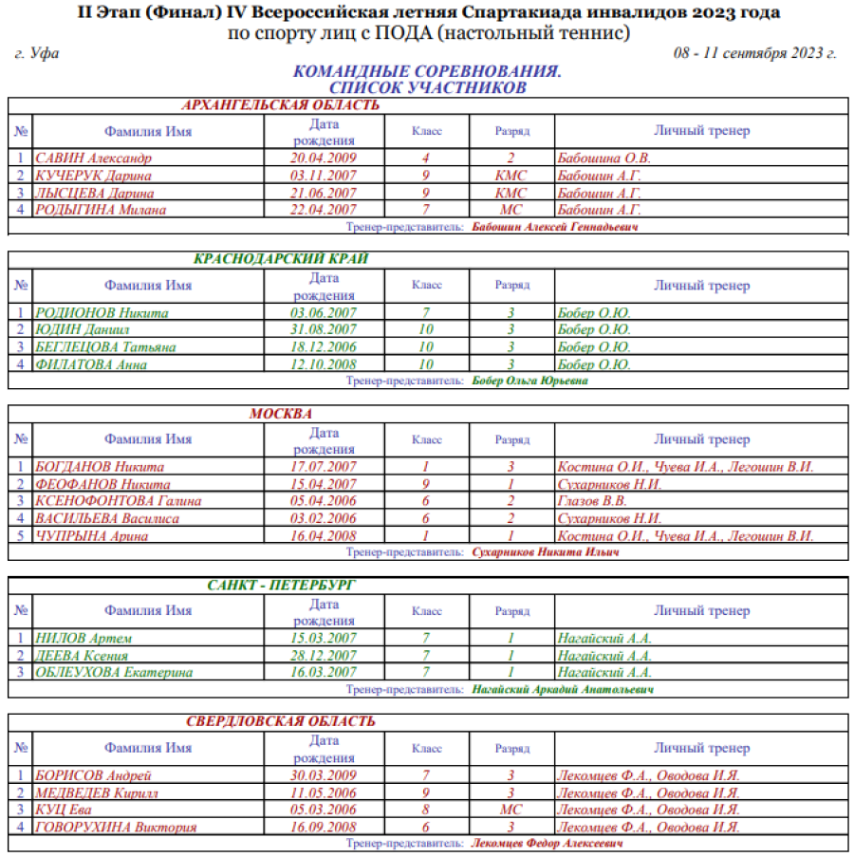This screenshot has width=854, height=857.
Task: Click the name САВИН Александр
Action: click(x=93, y=158)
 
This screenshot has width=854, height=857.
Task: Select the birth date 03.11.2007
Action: click(x=324, y=176)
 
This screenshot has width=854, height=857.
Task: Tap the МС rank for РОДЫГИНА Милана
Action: click(x=511, y=210)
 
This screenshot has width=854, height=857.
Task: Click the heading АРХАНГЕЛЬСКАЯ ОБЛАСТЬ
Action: click(x=280, y=105)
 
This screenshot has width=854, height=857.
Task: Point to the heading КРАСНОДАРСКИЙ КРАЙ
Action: click(x=281, y=259)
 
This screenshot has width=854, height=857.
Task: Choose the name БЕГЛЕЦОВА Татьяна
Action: click(x=105, y=347)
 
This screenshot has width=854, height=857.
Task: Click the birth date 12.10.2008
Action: click(x=324, y=364)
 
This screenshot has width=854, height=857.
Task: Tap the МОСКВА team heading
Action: click(x=281, y=414)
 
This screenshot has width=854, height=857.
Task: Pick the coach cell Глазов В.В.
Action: click(x=592, y=501)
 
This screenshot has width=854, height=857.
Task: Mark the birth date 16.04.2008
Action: click(x=324, y=536)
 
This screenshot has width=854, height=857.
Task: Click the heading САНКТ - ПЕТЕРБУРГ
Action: click(x=281, y=586)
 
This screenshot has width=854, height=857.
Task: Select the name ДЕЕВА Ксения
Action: click(x=82, y=656)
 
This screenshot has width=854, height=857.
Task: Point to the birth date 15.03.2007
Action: click(x=324, y=639)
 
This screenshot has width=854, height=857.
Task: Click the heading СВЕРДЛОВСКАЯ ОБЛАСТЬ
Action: click(x=281, y=722)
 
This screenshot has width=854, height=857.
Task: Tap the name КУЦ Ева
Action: click(x=64, y=810)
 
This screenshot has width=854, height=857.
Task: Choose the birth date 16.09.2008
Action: click(x=324, y=827)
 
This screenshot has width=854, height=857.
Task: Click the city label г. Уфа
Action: click(x=38, y=53)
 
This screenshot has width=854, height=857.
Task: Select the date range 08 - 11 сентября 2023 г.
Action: click(x=754, y=53)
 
